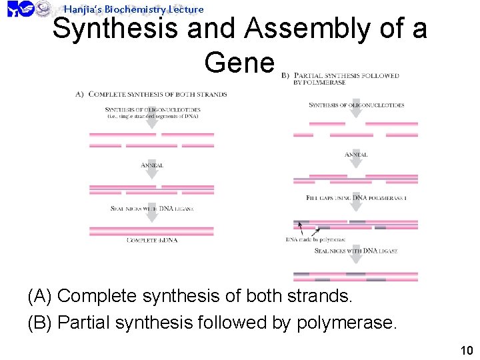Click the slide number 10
[x=466, y=351]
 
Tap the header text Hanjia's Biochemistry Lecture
[x=133, y=9]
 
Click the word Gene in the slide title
[x=239, y=63]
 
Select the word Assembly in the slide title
[x=311, y=29]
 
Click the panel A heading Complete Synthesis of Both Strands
[x=157, y=95]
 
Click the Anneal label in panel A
[x=152, y=165]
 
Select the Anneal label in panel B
[x=356, y=155]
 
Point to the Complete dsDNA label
[x=151, y=240]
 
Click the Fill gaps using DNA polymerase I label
[x=356, y=198]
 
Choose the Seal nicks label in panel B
[x=355, y=251]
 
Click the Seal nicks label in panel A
[x=152, y=209]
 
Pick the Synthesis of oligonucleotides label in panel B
[x=357, y=105]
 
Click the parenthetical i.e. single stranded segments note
[x=152, y=117]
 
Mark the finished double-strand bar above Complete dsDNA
[x=152, y=231]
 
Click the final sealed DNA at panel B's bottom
[x=355, y=276]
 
